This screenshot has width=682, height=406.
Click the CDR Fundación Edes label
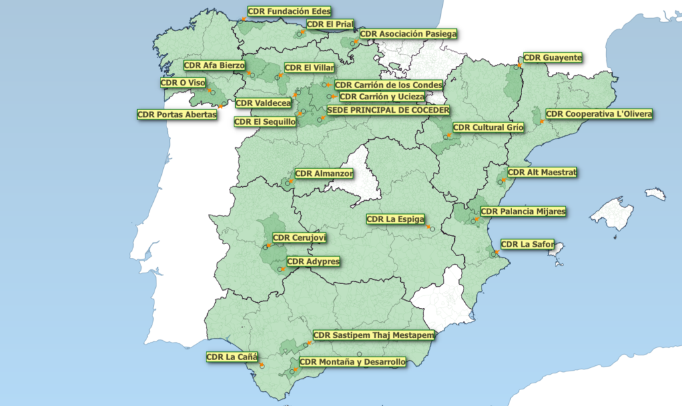(x=289, y=11)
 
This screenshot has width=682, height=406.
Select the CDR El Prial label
(x=330, y=25)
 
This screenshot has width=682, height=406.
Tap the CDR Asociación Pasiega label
(x=408, y=34)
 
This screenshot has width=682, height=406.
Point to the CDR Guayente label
(x=553, y=57)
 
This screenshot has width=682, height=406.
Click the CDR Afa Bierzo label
(x=214, y=65)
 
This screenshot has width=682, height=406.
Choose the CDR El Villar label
(x=309, y=67)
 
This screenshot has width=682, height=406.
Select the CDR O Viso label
(x=183, y=83)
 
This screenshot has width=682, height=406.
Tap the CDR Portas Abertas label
(x=177, y=115)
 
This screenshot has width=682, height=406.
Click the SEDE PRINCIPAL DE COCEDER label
(x=388, y=109)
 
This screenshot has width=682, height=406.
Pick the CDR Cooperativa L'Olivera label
(x=599, y=114)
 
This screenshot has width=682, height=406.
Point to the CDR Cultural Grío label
(x=488, y=127)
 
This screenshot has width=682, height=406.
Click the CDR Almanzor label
(x=324, y=174)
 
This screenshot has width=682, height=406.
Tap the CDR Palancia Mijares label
(x=523, y=211)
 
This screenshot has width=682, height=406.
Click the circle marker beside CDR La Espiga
(x=432, y=229)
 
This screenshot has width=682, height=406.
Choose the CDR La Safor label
(x=527, y=244)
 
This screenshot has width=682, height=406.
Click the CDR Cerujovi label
(x=300, y=238)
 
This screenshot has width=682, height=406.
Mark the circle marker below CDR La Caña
(x=262, y=365)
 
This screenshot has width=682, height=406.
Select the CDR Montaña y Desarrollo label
(x=352, y=362)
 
